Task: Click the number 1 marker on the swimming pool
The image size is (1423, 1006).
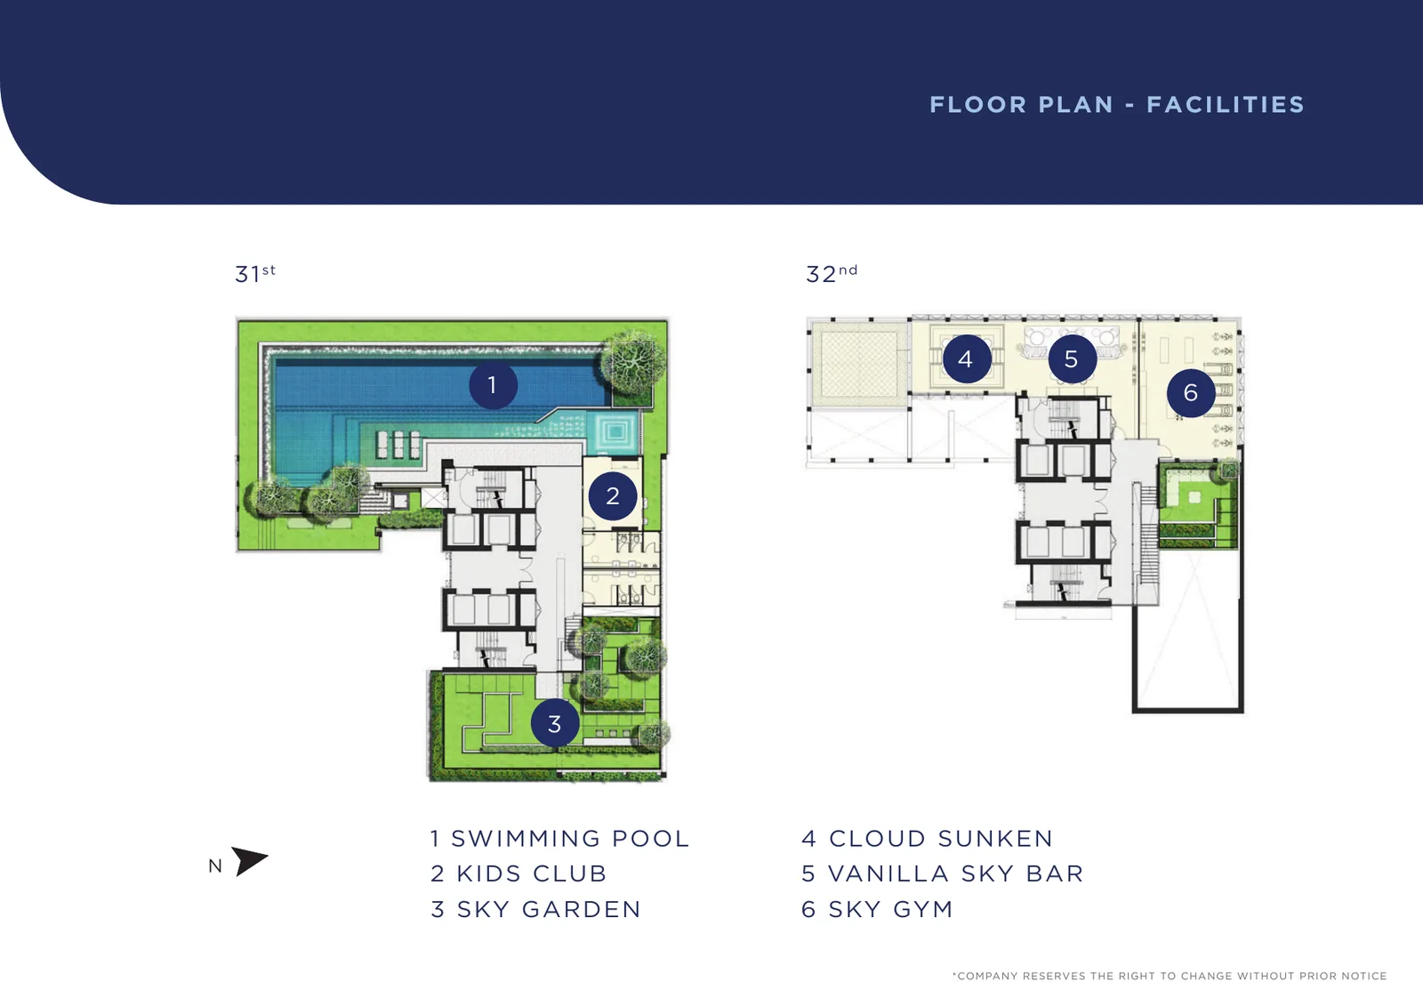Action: [493, 385]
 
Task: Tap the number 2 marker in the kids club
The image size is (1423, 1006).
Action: [613, 496]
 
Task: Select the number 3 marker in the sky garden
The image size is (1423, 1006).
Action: [555, 723]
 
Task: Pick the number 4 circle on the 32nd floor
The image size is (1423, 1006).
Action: [966, 359]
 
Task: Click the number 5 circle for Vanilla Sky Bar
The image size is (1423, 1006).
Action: [1072, 359]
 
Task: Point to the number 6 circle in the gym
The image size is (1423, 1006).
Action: [1191, 393]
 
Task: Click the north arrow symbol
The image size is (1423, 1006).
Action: [248, 860]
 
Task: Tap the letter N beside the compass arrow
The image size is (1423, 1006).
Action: [215, 866]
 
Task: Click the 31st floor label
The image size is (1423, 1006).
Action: [255, 273]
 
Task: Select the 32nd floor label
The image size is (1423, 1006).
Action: [832, 273]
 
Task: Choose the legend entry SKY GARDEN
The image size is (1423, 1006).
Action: [550, 909]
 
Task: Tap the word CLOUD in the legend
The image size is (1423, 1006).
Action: [878, 838]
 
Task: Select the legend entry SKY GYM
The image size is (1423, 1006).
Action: [890, 909]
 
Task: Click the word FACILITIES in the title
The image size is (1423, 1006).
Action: [1226, 104]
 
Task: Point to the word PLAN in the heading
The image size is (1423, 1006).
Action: [1076, 104]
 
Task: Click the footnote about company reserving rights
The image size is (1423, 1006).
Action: [1170, 976]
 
